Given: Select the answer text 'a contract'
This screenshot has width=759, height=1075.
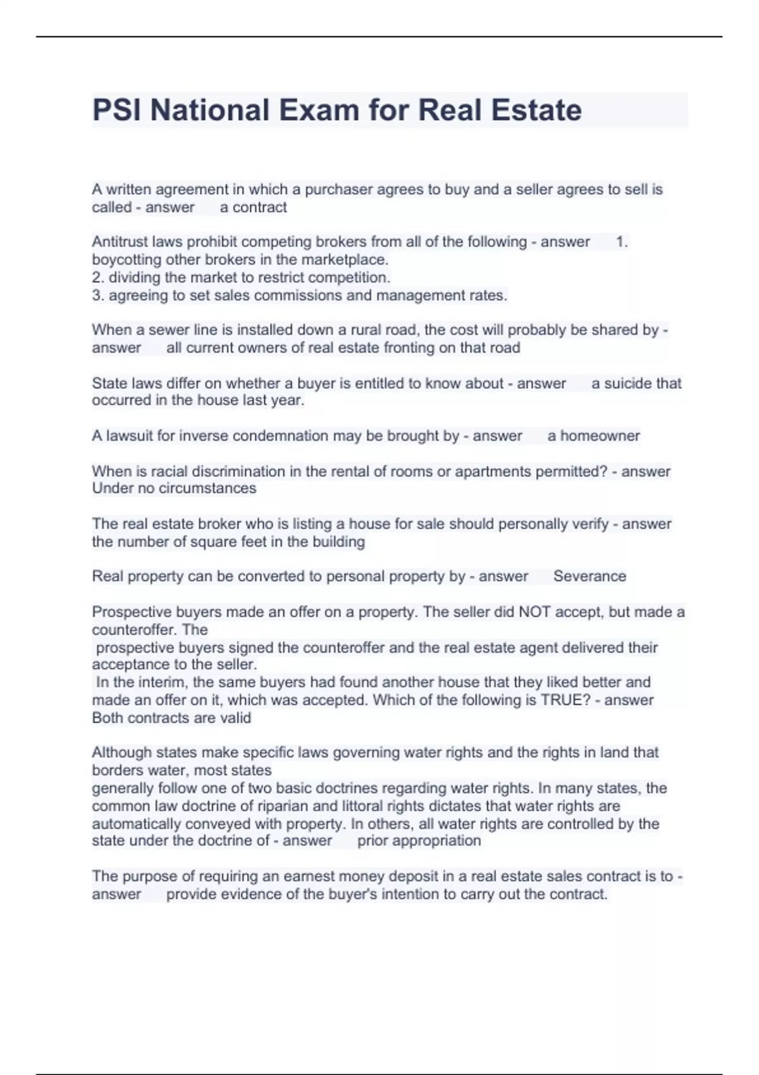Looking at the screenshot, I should coord(253,207).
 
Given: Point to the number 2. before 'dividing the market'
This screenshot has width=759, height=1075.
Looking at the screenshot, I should coord(98,278).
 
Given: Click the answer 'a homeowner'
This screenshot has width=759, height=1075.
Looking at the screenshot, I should coord(593,436).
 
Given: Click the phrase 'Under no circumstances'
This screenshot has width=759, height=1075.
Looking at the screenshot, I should coord(174,488).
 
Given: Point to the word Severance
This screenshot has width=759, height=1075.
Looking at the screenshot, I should coord(589,576).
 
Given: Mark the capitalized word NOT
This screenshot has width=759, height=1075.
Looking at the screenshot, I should coord(534,612).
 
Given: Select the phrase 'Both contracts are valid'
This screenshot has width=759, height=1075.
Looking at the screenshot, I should coord(171,718).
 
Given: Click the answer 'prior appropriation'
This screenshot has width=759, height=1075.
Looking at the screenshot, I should coord(419,840).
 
